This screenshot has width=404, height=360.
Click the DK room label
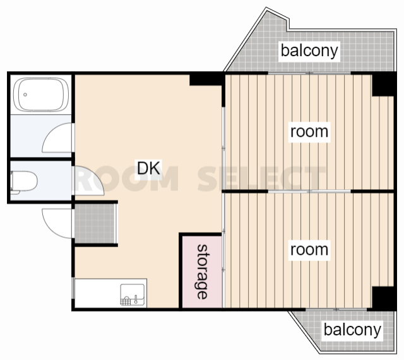click(x=149, y=168)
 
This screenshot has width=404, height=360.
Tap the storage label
click(x=202, y=272)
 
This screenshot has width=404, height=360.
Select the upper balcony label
click(x=309, y=51)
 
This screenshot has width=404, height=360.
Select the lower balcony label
click(x=352, y=330)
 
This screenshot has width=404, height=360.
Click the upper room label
click(x=309, y=132)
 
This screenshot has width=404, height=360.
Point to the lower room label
click(x=309, y=250)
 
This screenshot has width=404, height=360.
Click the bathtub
click(x=41, y=95)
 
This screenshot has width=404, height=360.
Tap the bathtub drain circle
click(x=25, y=95)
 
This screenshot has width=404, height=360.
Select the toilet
click(x=24, y=181)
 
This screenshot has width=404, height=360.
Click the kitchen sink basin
click(x=133, y=294)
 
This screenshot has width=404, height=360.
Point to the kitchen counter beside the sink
click(x=97, y=293)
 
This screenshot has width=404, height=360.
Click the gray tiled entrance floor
click(x=95, y=223)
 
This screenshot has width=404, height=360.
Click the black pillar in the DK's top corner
click(x=206, y=79)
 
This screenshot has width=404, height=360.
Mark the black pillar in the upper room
click(x=383, y=84)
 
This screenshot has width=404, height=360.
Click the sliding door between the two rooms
click(x=309, y=191)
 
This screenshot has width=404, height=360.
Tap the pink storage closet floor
click(x=202, y=272)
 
